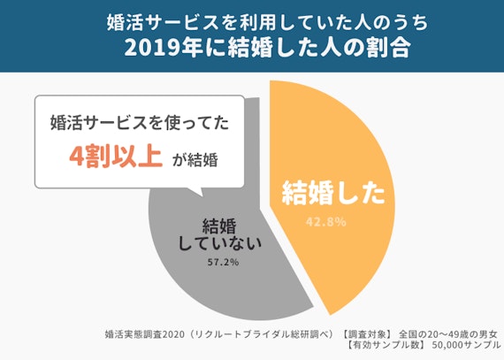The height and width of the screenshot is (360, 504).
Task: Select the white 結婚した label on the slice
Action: (x=333, y=193)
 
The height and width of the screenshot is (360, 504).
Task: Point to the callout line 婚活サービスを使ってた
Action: (x=140, y=123)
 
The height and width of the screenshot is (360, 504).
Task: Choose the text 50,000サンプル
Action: (x=467, y=348)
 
